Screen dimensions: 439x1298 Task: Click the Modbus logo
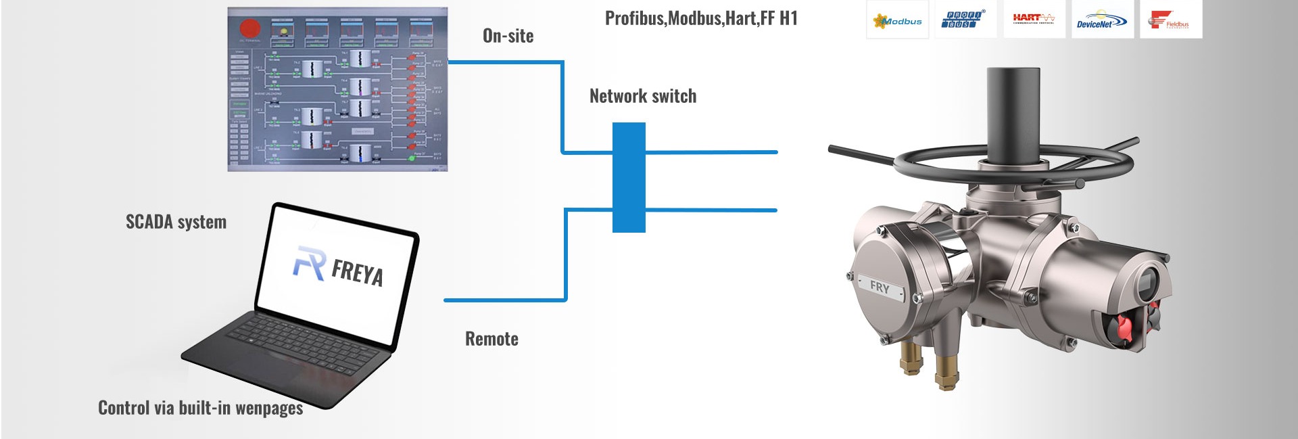click(898, 21)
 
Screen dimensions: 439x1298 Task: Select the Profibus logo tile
click(965, 20)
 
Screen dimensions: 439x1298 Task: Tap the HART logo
click(1034, 19)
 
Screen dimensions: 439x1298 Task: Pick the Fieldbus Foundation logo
click(1170, 21)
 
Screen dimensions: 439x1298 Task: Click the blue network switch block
click(629, 177)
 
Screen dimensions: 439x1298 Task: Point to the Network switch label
click(642, 96)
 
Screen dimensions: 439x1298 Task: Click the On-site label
click(508, 36)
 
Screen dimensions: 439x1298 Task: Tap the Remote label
click(491, 339)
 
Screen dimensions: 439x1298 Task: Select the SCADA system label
click(176, 222)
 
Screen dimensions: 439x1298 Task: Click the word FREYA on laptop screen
click(358, 272)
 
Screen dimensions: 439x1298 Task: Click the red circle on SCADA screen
click(250, 28)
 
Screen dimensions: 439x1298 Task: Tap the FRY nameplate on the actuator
click(880, 287)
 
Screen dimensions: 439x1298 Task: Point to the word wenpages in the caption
click(268, 408)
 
